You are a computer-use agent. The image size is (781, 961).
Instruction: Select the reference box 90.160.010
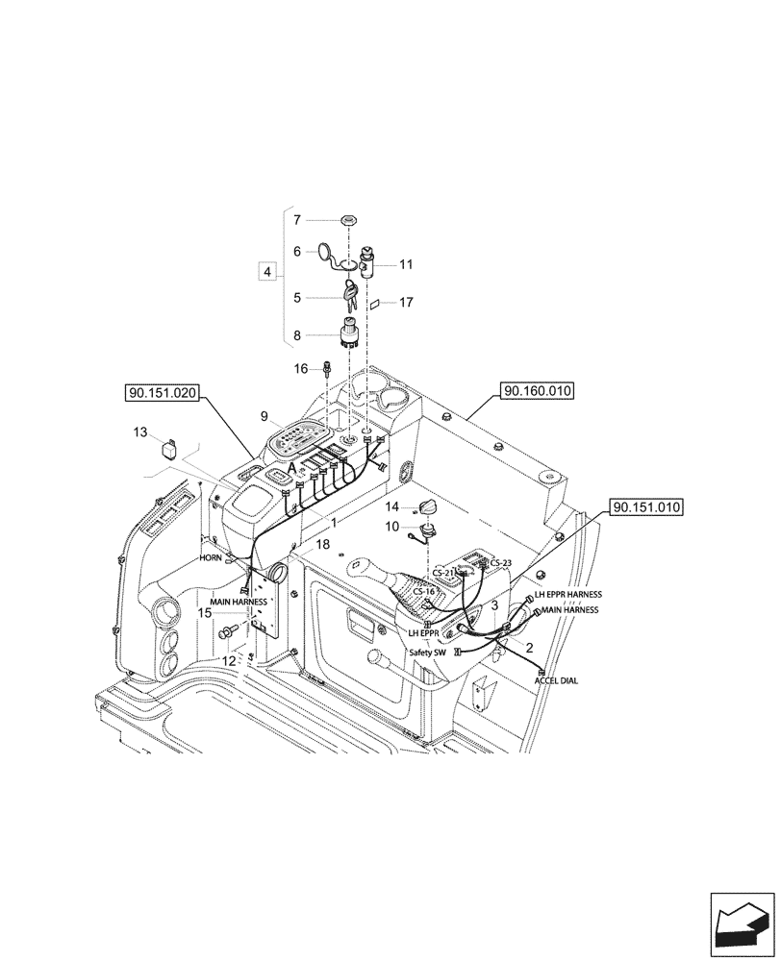(537, 392)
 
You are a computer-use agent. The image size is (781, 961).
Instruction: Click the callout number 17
(406, 302)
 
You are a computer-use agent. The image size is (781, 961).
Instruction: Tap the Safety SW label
(427, 652)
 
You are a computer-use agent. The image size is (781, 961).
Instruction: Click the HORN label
(211, 557)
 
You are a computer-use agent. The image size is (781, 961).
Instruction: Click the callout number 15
(205, 612)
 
